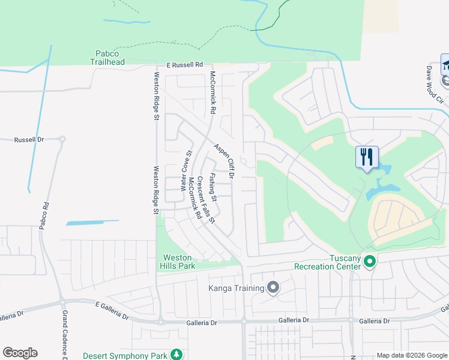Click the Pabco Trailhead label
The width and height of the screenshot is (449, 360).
(107, 58)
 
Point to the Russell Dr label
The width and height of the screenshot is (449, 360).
(29, 139)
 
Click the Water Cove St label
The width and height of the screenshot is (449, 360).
(186, 171)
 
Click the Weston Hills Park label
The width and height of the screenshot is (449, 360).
(178, 262)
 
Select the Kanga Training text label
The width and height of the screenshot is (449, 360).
(236, 289)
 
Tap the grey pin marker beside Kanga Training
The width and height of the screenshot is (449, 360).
(273, 288)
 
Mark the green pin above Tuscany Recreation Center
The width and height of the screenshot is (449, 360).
(370, 261)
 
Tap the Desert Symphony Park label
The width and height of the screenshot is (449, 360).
(125, 355)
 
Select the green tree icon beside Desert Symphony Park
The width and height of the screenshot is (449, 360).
(176, 355)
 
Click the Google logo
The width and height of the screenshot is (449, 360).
(20, 353)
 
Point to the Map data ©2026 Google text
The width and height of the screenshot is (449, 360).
(411, 355)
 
